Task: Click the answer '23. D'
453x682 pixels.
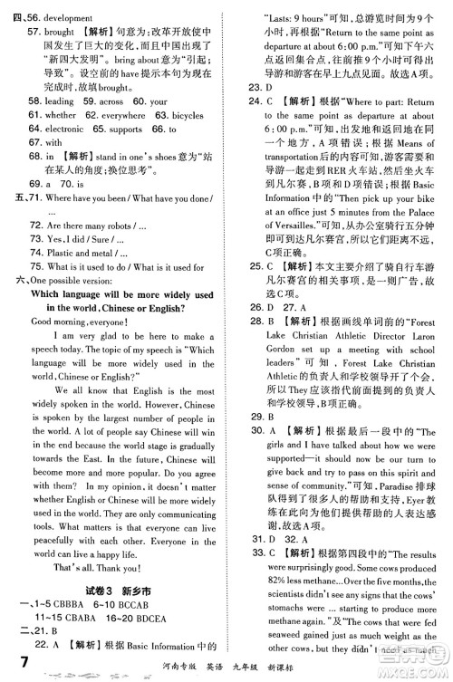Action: (x=257, y=87)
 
